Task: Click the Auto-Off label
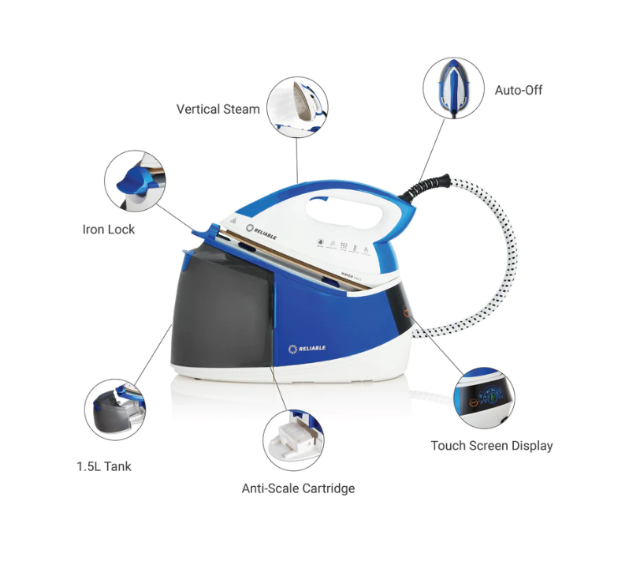pos(518,90)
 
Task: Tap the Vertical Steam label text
pos(218,110)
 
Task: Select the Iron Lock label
pos(109,230)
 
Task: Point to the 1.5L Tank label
pos(104,466)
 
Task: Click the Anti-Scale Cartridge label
pos(298,488)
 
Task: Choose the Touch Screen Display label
pos(491,446)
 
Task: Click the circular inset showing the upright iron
pos(453,87)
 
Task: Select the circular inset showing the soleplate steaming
pos(296,107)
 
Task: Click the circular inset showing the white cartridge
pos(293,439)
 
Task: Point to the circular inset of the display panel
pos(483,396)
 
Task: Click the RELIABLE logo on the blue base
pos(307,348)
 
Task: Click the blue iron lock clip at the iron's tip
pos(206,232)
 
